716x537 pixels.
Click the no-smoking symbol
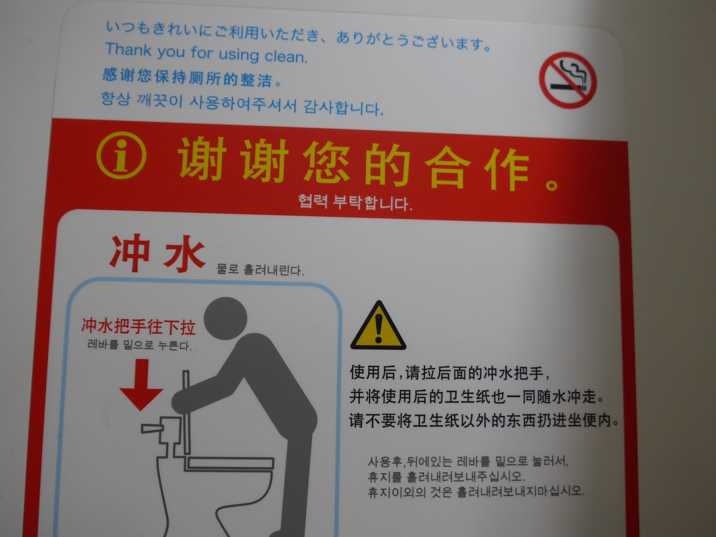point(567,80)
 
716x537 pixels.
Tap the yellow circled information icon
point(121,155)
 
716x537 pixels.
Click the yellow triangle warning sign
point(379,325)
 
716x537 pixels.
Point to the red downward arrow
point(141,385)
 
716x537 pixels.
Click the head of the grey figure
point(226,318)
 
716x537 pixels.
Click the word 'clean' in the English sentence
point(286,56)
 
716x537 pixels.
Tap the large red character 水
point(184,254)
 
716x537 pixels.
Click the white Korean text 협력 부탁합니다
point(355,202)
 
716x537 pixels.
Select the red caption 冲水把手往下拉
point(138,326)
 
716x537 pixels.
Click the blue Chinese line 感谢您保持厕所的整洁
point(192,77)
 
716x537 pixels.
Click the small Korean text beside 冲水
point(260,270)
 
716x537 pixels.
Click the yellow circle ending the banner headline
point(552,185)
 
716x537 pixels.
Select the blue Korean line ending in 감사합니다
point(242,103)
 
